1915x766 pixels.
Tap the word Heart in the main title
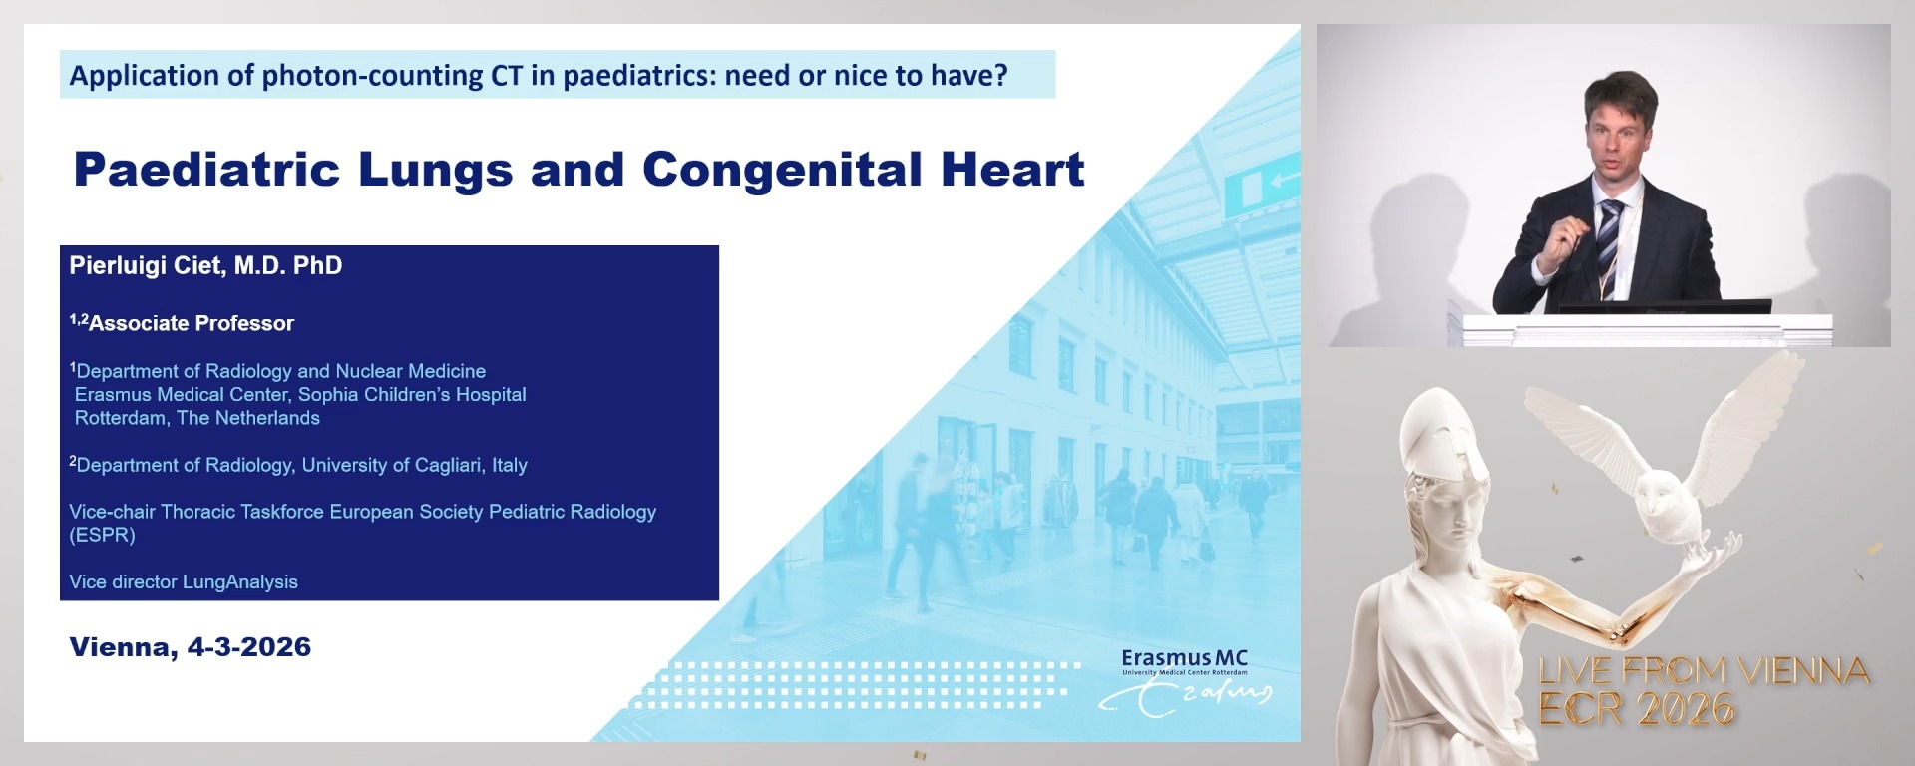coord(1012,170)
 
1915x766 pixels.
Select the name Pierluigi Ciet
coord(150,265)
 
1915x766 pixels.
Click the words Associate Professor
coord(191,323)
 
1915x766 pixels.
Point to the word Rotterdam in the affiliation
coord(120,418)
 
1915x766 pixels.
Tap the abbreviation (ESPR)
coord(102,535)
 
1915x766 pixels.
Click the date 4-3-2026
coord(249,647)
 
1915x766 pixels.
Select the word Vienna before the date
coord(123,647)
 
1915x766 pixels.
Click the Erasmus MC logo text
coord(1184,659)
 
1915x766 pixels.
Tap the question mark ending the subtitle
coord(1001,76)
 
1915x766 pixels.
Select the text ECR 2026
coord(1637,709)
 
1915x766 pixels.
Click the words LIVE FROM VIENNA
coord(1704,670)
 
